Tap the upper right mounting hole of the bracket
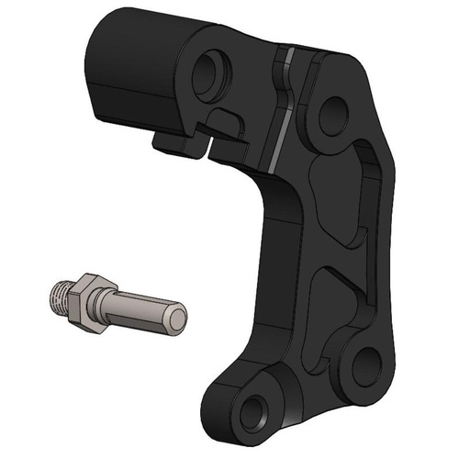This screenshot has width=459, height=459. tap(332, 115)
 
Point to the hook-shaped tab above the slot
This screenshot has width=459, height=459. tap(225, 119)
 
